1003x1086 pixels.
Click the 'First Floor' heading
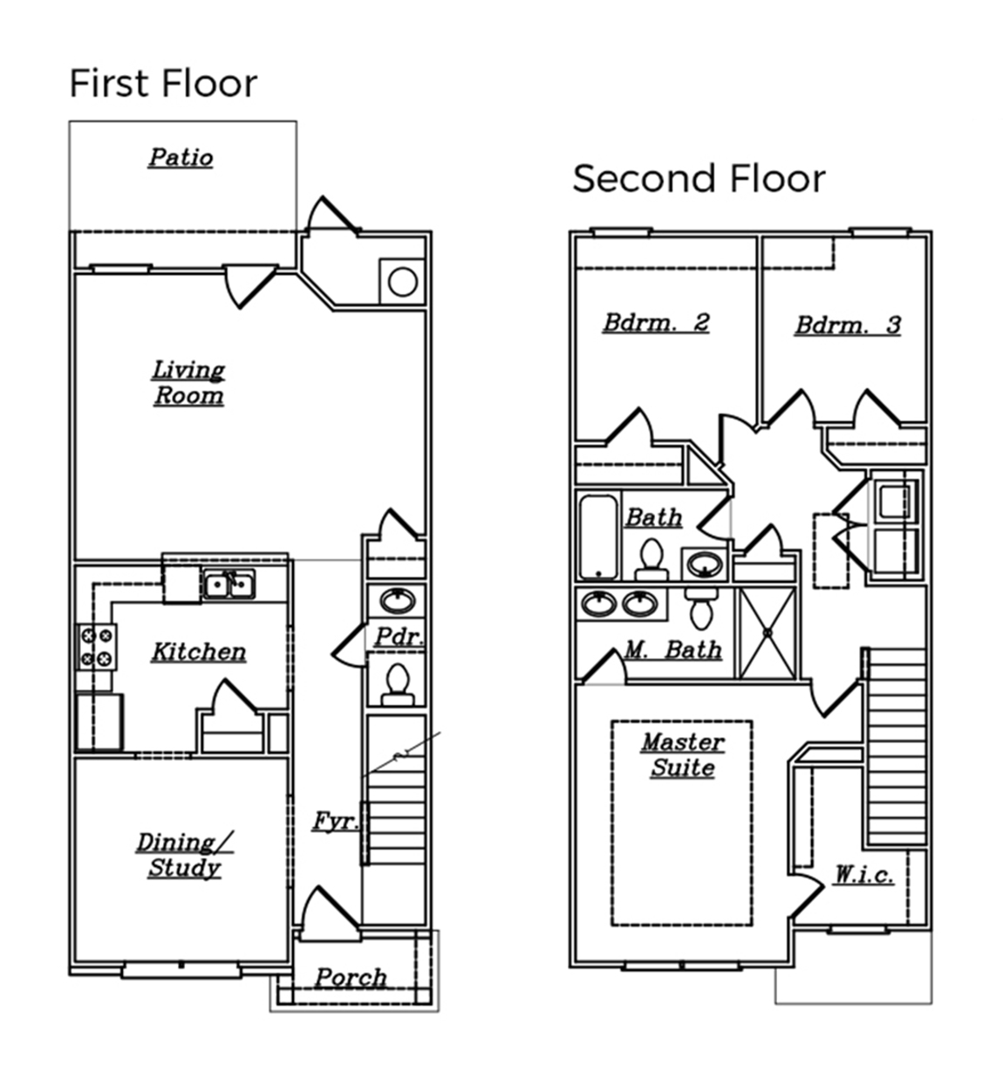(x=163, y=84)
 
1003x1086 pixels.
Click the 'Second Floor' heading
(x=699, y=179)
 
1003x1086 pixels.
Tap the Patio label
(x=181, y=158)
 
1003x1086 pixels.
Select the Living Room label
(x=188, y=383)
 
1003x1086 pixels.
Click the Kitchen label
(x=199, y=652)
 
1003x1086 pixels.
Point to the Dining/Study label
(x=184, y=855)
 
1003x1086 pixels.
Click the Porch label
(x=351, y=978)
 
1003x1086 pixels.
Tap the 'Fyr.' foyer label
(x=335, y=821)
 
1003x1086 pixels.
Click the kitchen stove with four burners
(x=96, y=647)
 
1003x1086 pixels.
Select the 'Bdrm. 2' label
(x=656, y=323)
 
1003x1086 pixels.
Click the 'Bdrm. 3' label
(x=848, y=325)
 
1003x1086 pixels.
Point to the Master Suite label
(x=682, y=755)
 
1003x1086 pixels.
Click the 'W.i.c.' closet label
(x=863, y=874)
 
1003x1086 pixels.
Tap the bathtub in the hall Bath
(x=598, y=536)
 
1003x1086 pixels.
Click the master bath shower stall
(x=768, y=632)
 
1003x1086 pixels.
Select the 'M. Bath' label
(x=673, y=650)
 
